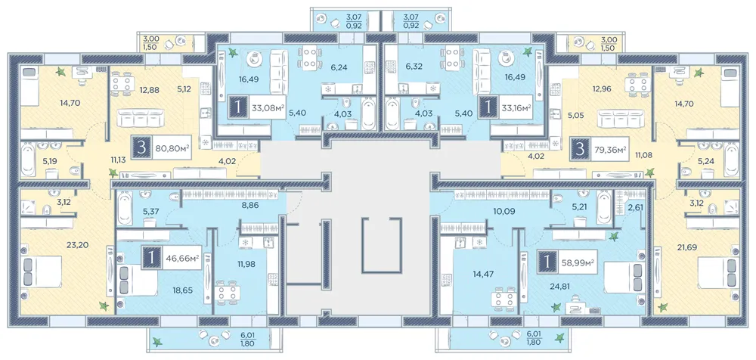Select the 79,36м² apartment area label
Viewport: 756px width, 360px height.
[610, 149]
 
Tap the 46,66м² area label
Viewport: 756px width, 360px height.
[184, 259]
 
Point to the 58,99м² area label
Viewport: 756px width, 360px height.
[577, 262]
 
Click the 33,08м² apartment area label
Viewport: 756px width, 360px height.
[268, 108]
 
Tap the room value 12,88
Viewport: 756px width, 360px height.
[150, 89]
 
